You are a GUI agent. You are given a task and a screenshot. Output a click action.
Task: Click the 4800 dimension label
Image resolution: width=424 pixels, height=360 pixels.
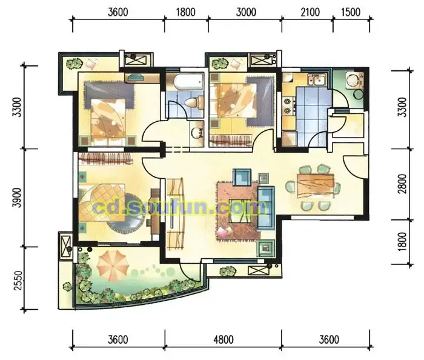coord(224,339)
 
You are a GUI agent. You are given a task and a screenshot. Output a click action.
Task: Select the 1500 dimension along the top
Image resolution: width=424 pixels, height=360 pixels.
coord(351,12)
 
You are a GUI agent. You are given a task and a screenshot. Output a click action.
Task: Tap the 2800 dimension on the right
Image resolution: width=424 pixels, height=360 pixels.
coord(402,184)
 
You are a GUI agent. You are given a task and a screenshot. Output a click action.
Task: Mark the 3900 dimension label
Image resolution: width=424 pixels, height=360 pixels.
coord(18,198)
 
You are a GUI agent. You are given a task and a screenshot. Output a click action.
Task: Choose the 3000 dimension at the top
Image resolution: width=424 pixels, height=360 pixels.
coord(246,12)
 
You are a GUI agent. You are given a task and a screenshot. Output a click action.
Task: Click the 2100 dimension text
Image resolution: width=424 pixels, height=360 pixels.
coord(310,12)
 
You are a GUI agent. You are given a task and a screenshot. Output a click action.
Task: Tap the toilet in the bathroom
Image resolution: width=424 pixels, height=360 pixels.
coord(194,103)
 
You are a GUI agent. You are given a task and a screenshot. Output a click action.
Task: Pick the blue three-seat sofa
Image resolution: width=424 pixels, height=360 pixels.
coord(266,208)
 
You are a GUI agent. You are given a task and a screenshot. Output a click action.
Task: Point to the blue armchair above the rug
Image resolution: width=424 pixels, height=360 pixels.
coord(242,178)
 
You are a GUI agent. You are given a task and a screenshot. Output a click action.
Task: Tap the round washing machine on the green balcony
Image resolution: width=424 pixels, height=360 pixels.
coord(353,81)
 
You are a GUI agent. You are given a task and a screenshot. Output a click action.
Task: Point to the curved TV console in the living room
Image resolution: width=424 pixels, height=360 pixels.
coord(175,214)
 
